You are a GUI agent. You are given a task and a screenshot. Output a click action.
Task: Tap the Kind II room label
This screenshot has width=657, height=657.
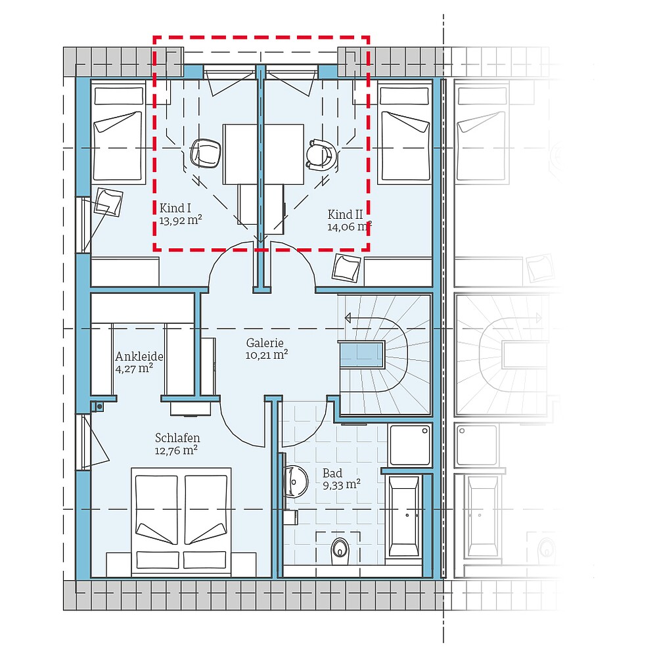pos(346,215)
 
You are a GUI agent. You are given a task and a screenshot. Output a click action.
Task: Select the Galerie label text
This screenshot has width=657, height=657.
pos(265,342)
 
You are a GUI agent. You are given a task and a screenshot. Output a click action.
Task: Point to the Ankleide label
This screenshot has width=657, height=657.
pos(139,357)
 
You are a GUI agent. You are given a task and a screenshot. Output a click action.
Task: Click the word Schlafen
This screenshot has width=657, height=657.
pos(177,438)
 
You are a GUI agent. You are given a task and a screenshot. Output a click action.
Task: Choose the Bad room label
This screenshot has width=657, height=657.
pos(332,473)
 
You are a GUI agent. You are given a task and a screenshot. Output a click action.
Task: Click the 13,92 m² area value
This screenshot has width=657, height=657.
pos(180,221)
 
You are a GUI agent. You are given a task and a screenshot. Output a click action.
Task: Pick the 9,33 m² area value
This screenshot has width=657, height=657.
pos(341,485)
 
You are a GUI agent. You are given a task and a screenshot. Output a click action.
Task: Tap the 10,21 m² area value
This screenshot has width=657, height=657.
pos(267,355)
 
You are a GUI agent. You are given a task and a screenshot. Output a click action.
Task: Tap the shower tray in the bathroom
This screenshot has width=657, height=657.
pos(410,445)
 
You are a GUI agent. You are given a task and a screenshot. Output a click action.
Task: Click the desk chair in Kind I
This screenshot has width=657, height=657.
pos(206,153)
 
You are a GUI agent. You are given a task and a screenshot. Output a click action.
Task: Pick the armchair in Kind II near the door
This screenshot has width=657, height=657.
pos(346,267)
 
